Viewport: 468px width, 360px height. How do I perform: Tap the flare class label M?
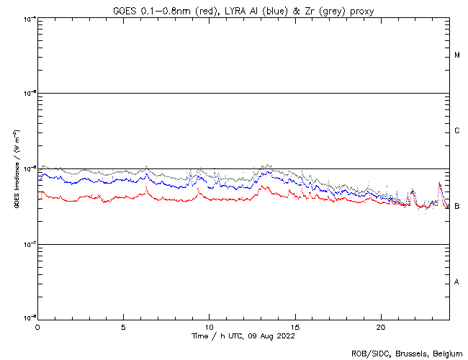[457, 55]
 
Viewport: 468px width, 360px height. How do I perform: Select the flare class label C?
[457, 131]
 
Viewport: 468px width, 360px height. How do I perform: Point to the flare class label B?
[457, 207]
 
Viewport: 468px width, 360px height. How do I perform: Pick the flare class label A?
[457, 282]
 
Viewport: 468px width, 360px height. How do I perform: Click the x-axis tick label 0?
[37, 327]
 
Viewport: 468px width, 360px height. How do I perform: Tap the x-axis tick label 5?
[123, 327]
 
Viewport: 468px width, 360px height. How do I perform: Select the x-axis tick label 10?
[209, 327]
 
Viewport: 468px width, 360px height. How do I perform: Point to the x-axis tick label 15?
[295, 327]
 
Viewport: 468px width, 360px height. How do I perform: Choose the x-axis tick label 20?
[381, 327]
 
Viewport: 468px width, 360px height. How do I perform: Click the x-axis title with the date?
[243, 336]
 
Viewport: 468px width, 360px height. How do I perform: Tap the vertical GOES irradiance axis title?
[15, 169]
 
